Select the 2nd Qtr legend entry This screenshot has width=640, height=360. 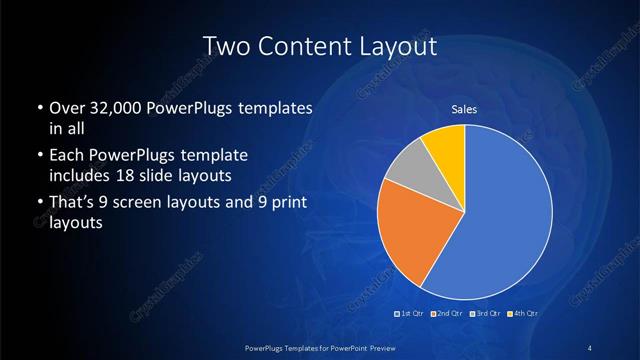click(447, 315)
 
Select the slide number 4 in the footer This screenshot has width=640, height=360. click(589, 347)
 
